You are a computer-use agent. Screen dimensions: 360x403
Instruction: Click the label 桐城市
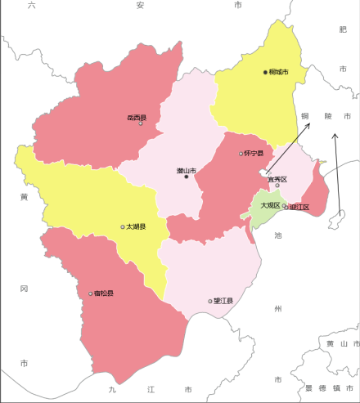pyautogui.click(x=278, y=72)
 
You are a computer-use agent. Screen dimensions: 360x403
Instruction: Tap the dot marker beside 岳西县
pyautogui.click(x=141, y=123)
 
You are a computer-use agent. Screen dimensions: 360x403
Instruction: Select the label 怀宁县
pyautogui.click(x=254, y=153)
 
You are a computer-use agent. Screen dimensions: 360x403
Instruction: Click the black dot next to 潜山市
pyautogui.click(x=187, y=177)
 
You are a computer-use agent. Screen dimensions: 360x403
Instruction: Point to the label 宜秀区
pyautogui.click(x=277, y=178)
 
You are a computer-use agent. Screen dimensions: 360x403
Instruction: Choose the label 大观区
pyautogui.click(x=270, y=205)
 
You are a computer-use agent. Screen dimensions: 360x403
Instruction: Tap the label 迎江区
pyautogui.click(x=299, y=207)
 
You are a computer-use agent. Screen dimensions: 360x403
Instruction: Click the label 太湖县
pyautogui.click(x=136, y=226)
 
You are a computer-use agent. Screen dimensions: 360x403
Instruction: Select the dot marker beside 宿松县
pyautogui.click(x=91, y=293)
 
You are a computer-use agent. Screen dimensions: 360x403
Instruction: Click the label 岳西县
pyautogui.click(x=136, y=118)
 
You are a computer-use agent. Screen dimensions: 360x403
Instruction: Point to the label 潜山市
pyautogui.click(x=187, y=170)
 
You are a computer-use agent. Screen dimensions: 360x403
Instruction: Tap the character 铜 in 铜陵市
pyautogui.click(x=305, y=116)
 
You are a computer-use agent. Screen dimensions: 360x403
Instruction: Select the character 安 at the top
pyautogui.click(x=140, y=5)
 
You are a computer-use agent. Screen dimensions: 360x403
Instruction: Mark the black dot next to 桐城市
pyautogui.click(x=265, y=72)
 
